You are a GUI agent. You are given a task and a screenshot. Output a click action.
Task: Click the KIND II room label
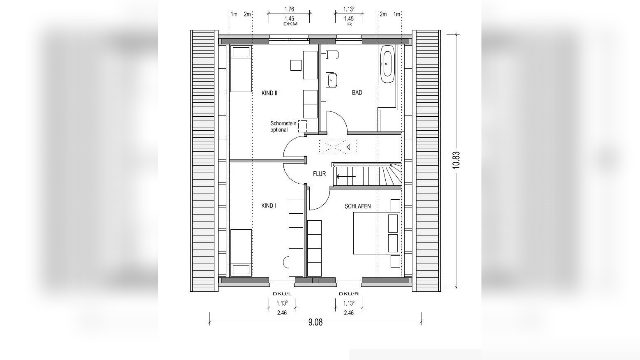[269, 93]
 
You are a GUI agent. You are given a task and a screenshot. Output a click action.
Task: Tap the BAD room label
[357, 92]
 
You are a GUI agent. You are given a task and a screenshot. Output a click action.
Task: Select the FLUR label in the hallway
[319, 174]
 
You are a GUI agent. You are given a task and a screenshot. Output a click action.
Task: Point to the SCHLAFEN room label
[357, 206]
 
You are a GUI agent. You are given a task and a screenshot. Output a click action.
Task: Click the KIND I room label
[269, 205]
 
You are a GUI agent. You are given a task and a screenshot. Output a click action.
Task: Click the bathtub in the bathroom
[387, 64]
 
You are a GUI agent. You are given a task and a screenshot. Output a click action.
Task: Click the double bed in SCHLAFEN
[376, 233]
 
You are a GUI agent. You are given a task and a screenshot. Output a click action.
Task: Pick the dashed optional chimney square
[302, 126]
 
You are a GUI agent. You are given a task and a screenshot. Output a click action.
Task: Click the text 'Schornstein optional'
[283, 127]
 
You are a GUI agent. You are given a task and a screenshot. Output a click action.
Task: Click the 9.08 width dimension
[315, 322]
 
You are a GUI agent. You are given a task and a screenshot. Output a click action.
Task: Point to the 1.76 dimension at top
[289, 9]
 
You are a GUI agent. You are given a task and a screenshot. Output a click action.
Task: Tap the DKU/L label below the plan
[282, 294]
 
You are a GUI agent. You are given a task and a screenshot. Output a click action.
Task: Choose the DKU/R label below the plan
[349, 294]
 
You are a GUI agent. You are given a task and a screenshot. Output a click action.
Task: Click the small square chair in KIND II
[296, 65]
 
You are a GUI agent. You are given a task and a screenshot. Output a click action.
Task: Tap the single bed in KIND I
[241, 252]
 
